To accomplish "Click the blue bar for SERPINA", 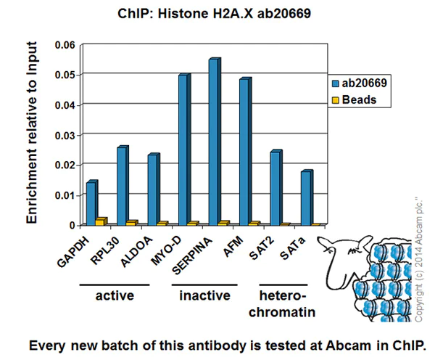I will [213, 142].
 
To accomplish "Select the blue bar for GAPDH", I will [91, 202].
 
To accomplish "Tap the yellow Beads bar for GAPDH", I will [101, 221].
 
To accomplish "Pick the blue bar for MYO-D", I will [183, 150].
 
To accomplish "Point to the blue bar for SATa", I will [306, 197].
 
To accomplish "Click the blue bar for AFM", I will [244, 152].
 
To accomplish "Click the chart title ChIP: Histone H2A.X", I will [217, 14].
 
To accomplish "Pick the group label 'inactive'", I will [205, 295].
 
